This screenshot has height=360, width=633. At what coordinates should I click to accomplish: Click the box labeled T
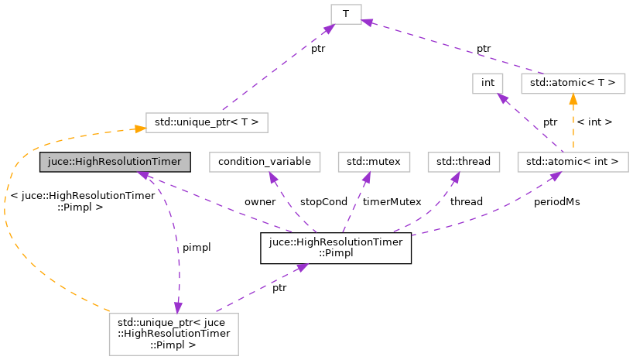pos(346,14)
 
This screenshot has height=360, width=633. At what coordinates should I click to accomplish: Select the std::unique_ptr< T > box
pos(207,122)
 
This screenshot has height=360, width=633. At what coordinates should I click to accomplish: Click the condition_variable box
pos(265,162)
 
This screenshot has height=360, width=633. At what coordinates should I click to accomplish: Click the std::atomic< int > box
pos(573,162)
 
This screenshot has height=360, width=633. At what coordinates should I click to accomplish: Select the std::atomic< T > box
pos(573,82)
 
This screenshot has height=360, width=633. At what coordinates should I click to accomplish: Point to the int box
pos(488,82)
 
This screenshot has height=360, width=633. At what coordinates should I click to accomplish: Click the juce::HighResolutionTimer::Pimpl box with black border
pos(335,249)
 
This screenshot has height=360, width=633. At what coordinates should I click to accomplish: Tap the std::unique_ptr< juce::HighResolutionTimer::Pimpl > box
pos(173,334)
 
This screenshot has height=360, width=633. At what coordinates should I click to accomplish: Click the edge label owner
pos(260,201)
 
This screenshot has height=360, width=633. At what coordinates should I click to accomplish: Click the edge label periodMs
pos(556,201)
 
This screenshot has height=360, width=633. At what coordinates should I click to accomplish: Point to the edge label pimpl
pos(196,247)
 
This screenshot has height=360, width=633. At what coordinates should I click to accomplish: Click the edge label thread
pos(466,201)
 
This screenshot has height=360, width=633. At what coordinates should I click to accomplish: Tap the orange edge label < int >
pos(594,122)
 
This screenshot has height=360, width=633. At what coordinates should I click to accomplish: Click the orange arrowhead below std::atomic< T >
pos(573,98)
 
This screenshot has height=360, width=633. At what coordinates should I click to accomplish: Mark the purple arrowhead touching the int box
pos(501,98)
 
